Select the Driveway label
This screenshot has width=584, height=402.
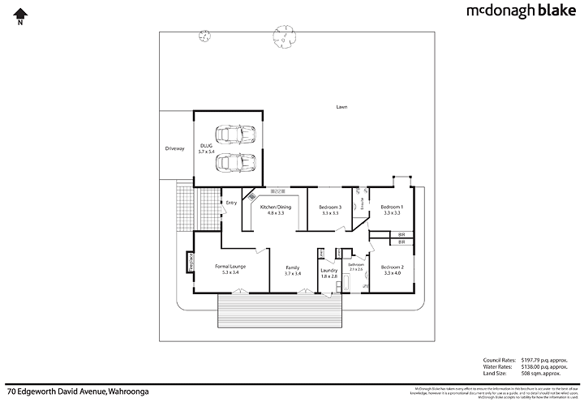click(175, 149)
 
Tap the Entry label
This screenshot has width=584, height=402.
click(231, 203)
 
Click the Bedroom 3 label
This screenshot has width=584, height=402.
click(330, 210)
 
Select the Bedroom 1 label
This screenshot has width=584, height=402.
click(392, 210)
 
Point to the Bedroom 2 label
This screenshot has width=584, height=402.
click(392, 270)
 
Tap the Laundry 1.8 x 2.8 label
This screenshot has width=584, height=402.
click(328, 273)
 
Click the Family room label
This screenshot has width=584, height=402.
click(293, 270)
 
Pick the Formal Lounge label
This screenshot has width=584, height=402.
click(230, 269)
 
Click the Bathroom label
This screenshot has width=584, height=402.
click(356, 266)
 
